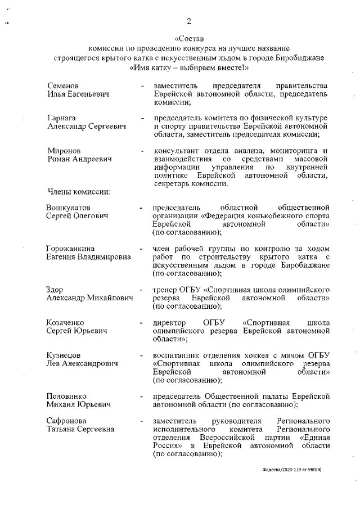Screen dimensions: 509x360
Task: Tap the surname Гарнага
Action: pyautogui.click(x=62, y=118)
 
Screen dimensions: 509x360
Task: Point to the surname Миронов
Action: pyautogui.click(x=64, y=151)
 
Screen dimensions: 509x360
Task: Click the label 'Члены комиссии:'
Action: pyautogui.click(x=78, y=192)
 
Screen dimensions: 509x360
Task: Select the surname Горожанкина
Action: pyautogui.click(x=70, y=249)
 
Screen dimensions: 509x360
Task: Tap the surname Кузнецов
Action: pyautogui.click(x=63, y=355)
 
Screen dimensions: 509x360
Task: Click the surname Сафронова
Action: pyautogui.click(x=67, y=421)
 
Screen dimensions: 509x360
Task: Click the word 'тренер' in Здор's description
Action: pyautogui.click(x=165, y=289)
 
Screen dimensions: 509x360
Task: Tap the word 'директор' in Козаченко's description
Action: pyautogui.click(x=169, y=322)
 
